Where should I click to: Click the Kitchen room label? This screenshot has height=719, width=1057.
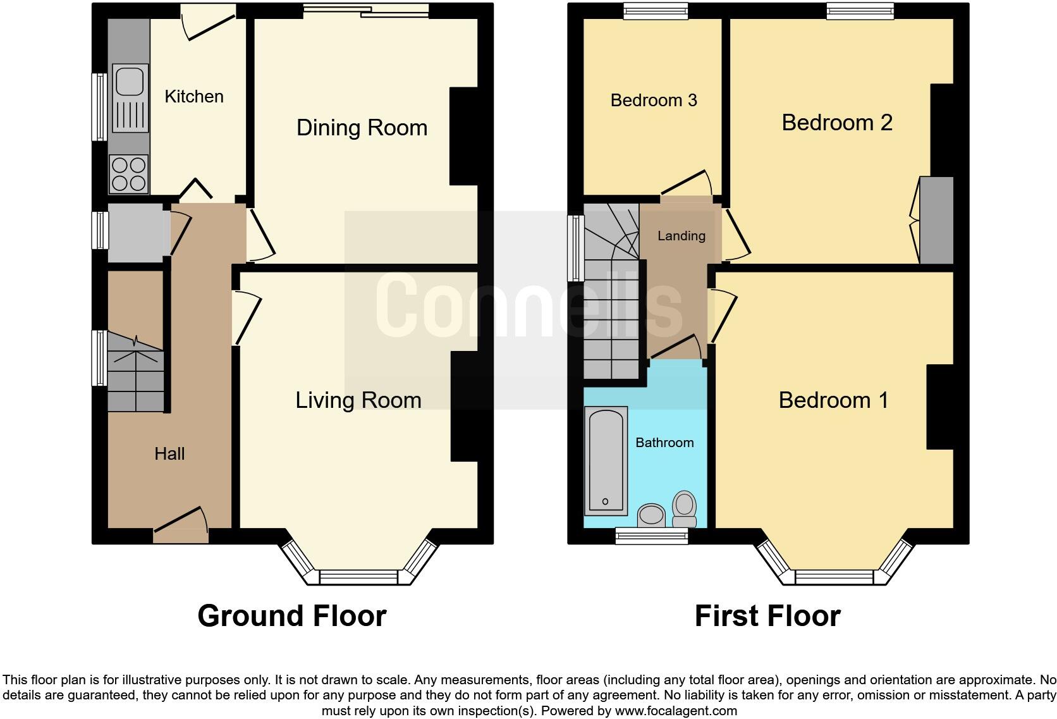tap(194, 97)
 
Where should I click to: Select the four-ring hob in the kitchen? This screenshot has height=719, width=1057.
tap(129, 174)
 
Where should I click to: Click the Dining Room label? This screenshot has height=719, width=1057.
tap(362, 128)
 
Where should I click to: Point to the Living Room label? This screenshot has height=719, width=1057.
tap(358, 400)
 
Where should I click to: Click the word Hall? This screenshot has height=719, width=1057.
tap(169, 453)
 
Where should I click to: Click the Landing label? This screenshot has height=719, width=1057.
tap(681, 236)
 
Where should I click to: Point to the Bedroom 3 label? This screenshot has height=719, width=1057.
tap(654, 101)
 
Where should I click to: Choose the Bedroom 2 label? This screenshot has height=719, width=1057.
tap(837, 123)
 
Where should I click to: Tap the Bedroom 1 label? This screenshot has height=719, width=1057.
tap(833, 400)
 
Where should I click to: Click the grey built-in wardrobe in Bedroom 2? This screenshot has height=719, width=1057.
tap(936, 220)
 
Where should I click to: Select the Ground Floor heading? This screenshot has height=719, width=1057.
tap(291, 616)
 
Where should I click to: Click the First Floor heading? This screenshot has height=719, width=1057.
tap(767, 616)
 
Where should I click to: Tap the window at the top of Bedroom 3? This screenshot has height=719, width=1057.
tap(655, 10)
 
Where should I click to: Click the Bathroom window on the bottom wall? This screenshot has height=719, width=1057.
tap(652, 537)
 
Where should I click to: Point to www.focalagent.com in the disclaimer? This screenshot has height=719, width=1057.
tap(676, 711)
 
